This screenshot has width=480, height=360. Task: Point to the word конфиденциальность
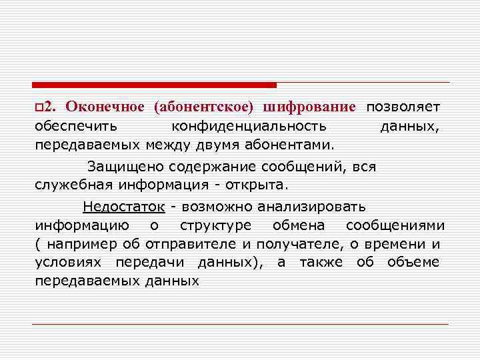tap(249, 126)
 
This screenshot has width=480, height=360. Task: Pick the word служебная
tap(74, 184)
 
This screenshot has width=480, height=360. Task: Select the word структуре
tap(216, 225)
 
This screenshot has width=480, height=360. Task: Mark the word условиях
tap(69, 261)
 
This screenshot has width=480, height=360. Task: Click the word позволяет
tap(402, 108)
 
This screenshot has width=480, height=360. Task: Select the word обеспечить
tap(76, 126)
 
